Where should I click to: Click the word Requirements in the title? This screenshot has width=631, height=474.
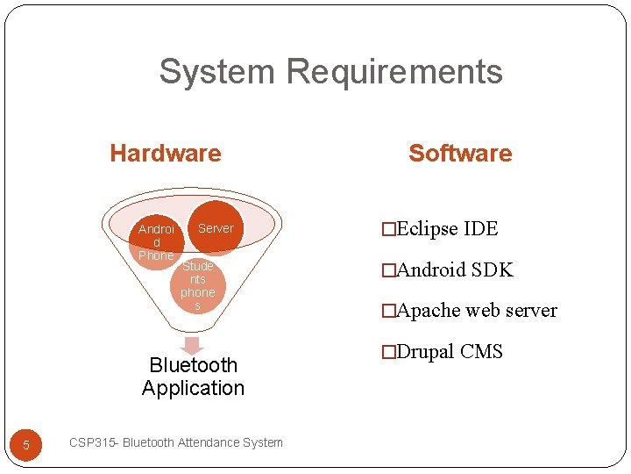point(394,71)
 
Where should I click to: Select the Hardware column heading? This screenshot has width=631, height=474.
point(166,154)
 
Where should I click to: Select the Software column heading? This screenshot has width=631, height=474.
point(460,154)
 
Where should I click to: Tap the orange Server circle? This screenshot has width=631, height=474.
point(216,228)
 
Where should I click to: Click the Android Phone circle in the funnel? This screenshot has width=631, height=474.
point(156,241)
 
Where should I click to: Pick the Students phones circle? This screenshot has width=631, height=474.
point(197,285)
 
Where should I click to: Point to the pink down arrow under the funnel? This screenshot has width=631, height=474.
point(192,345)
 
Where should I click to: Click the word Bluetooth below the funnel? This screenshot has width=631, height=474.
point(193,365)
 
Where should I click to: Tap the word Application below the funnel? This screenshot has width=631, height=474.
point(193,388)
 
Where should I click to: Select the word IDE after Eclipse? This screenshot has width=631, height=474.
point(481,230)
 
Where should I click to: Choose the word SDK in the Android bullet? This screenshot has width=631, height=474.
point(492,270)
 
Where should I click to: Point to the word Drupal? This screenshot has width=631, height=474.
point(426,352)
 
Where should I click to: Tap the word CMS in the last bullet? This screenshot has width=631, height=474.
point(481,352)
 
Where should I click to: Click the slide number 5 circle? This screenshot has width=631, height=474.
point(26,445)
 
